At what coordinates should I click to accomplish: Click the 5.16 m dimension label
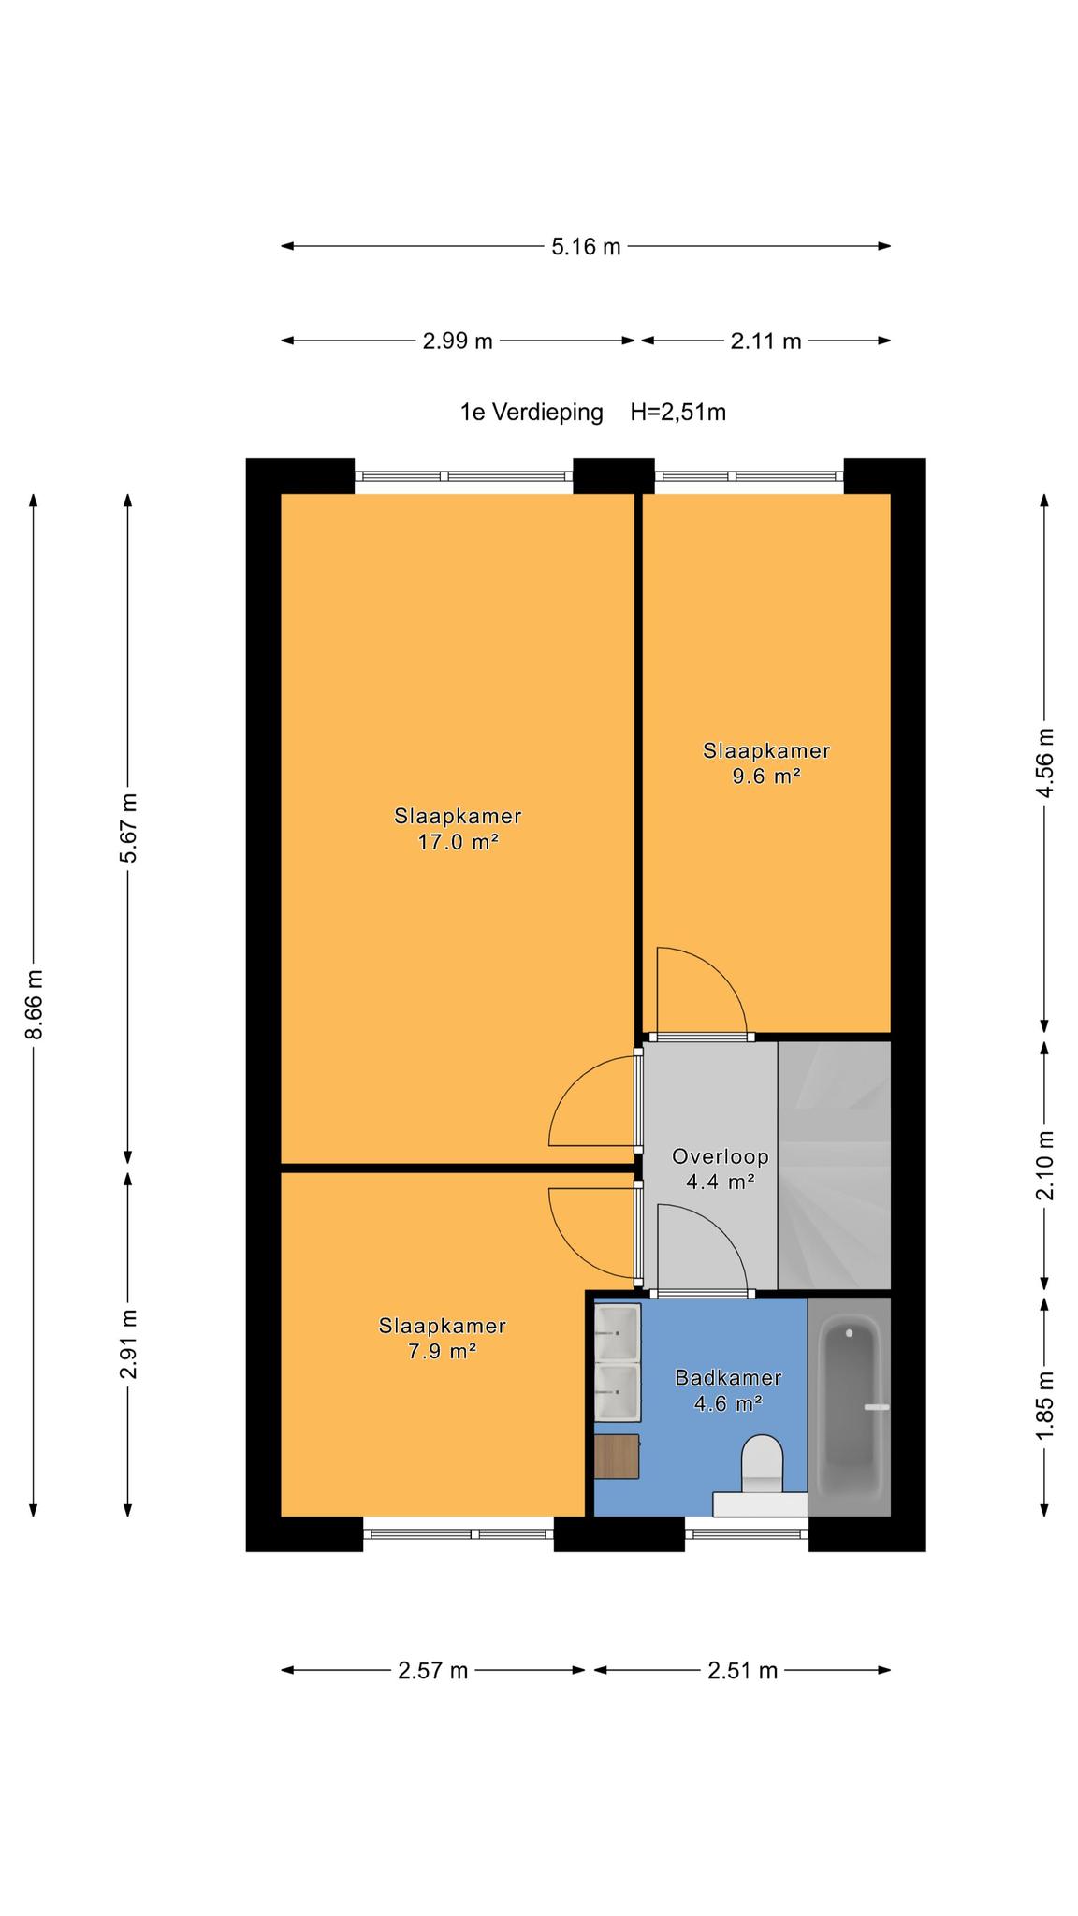click(x=586, y=247)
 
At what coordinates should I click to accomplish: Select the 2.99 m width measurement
click(x=457, y=341)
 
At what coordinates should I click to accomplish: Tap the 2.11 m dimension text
click(x=765, y=341)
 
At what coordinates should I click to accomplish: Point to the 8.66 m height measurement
click(x=34, y=1005)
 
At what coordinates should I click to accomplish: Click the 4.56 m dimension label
click(x=1045, y=762)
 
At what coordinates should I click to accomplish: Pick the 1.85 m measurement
click(x=1045, y=1406)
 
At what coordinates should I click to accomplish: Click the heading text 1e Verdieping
click(x=532, y=413)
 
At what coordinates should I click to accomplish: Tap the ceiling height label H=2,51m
click(x=678, y=413)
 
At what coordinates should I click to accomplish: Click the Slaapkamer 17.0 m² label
click(x=458, y=829)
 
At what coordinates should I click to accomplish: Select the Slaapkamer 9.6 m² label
click(x=766, y=763)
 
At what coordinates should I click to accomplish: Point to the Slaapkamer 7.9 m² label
click(x=443, y=1339)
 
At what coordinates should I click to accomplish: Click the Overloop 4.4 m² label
click(x=721, y=1169)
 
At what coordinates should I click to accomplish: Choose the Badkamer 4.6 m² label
click(x=728, y=1390)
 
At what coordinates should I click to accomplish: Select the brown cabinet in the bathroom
click(x=617, y=1457)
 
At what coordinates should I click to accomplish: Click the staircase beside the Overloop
click(x=834, y=1165)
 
